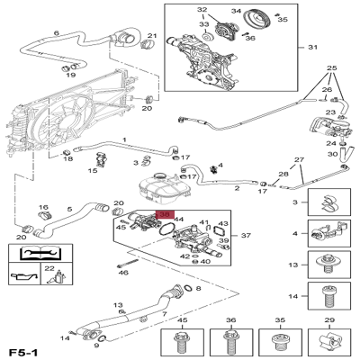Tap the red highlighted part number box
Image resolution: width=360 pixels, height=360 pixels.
[x=166, y=215]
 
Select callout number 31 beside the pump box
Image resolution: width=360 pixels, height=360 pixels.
[x=313, y=47]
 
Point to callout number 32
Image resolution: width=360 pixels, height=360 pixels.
[x=202, y=10]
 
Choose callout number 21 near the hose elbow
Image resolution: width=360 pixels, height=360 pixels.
[x=151, y=36]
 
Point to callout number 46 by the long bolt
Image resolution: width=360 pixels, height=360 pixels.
[x=123, y=271]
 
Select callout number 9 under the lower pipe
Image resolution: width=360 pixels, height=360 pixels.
[x=97, y=346]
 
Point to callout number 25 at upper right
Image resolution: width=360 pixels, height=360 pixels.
[x=331, y=68]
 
